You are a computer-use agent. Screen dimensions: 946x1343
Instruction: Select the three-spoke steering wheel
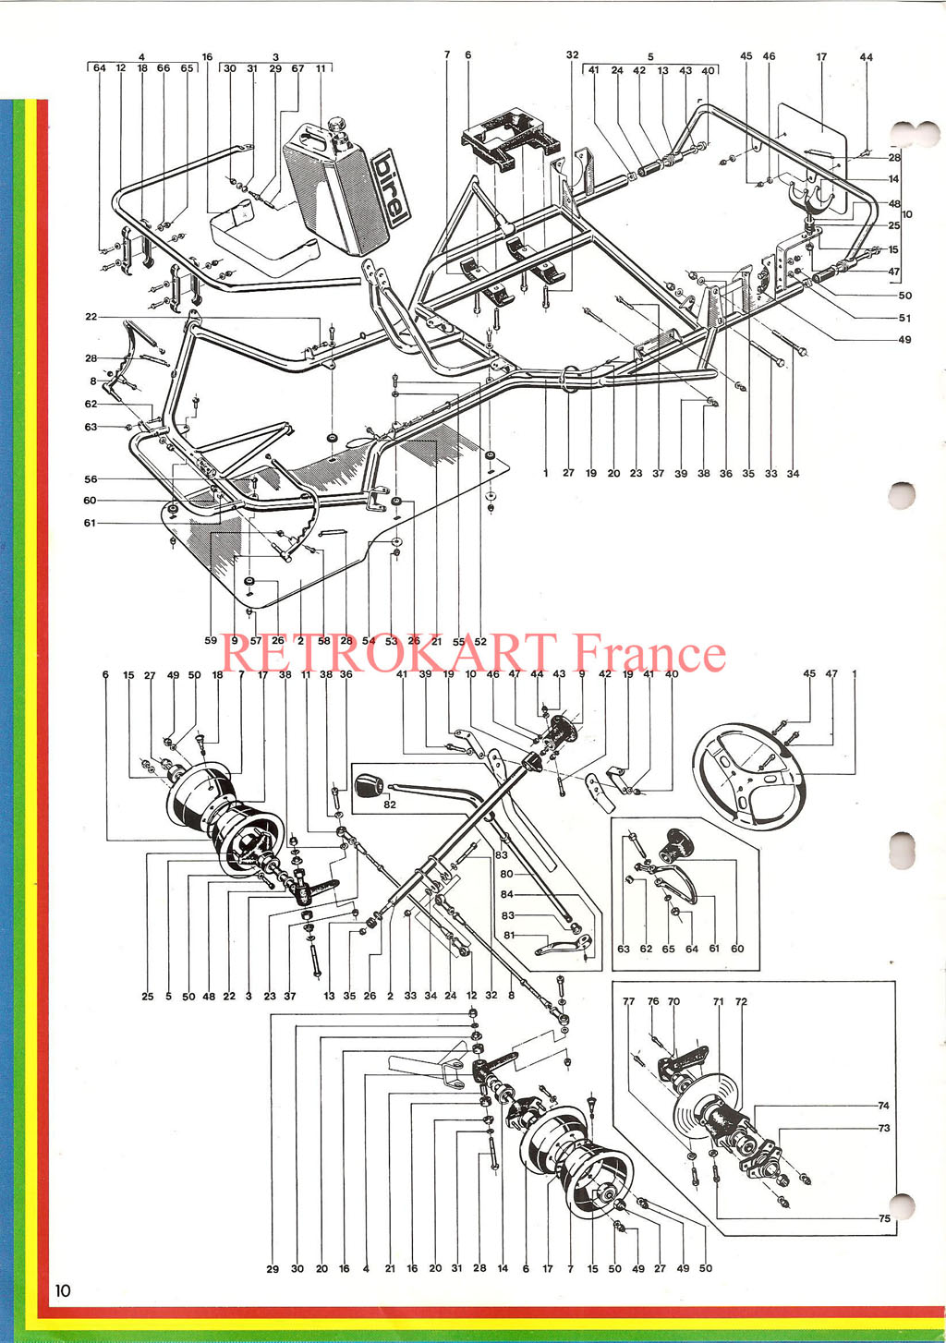coord(747,776)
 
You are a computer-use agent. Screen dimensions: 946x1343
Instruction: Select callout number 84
coord(507,894)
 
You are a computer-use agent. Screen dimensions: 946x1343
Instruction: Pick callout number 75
coord(884,1217)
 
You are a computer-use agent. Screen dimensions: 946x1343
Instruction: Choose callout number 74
coord(884,1105)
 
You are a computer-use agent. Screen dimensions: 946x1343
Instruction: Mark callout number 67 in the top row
coord(298,68)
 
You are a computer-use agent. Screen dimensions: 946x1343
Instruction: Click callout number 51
coord(904,318)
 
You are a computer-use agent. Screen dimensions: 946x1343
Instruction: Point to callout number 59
coord(211,640)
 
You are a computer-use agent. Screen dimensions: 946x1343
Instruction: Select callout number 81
coord(509,936)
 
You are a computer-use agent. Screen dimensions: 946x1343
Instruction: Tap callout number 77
coord(628,1000)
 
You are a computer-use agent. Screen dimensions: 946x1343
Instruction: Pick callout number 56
coord(91,479)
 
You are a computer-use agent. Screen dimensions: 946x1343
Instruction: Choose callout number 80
coord(506,874)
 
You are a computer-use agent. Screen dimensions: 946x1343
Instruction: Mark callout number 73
coord(884,1128)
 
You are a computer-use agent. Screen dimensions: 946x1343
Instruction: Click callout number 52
coord(480,641)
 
